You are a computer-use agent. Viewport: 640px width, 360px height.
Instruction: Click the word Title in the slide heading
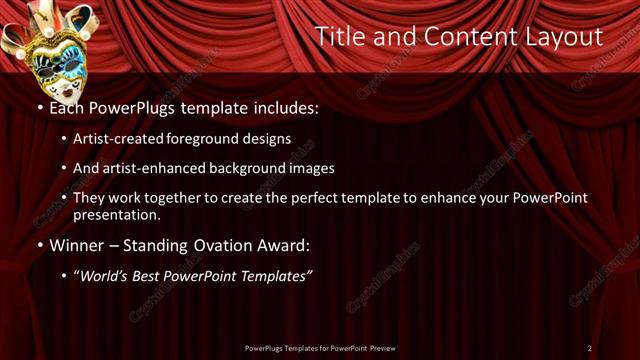tap(339, 37)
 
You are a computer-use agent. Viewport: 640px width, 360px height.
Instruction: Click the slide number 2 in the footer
tap(589, 348)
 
